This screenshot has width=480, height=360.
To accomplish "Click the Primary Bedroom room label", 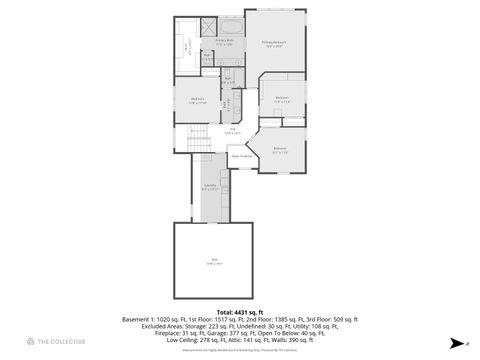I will point(274,43).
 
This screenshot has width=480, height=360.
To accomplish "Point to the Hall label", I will point(232,130).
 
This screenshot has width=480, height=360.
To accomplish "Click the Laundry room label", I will point(210,186).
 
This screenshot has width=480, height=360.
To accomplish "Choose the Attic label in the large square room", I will point(214,263).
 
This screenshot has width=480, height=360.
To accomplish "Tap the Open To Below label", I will point(241,156).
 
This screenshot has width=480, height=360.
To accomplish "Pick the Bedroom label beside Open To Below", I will point(280,151).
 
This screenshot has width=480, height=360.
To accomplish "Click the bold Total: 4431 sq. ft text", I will point(240,312).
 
